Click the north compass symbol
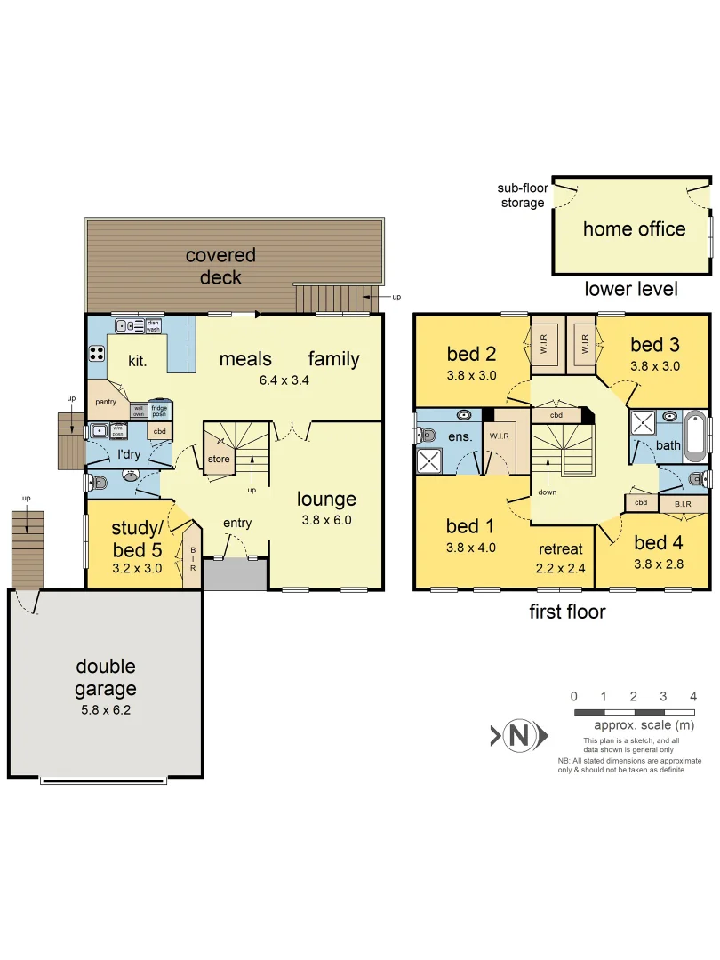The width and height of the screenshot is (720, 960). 517,735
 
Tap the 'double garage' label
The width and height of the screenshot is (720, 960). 106,677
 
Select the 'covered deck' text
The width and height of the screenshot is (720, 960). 220,267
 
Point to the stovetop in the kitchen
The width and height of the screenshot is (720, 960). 96,354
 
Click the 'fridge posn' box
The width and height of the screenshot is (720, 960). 159,411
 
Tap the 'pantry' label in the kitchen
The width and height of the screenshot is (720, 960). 106,402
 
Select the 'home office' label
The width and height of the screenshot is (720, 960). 634,229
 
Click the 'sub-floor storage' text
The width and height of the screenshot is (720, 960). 522,196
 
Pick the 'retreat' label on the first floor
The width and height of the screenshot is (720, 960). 561,548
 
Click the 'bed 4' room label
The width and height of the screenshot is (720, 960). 657,542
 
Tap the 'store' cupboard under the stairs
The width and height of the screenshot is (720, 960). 218,460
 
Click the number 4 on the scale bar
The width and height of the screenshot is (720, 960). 692,696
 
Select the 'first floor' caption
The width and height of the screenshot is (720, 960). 567,612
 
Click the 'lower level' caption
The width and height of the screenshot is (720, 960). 631,289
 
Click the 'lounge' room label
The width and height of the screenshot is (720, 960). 326,500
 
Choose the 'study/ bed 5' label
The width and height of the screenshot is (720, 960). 136,538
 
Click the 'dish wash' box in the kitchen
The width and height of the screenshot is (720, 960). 153,325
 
